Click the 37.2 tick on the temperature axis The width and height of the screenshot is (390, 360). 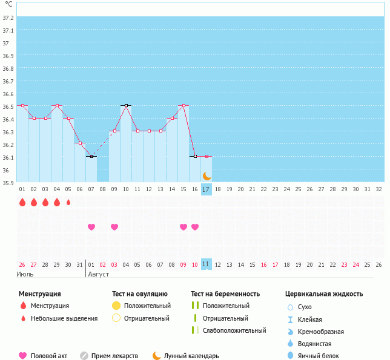click(8, 18)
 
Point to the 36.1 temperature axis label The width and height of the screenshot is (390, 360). click(8, 157)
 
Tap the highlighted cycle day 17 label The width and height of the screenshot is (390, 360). click(206, 189)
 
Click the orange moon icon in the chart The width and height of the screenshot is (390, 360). click(207, 175)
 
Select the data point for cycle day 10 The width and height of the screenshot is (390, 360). click(126, 105)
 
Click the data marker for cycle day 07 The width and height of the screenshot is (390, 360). click(91, 156)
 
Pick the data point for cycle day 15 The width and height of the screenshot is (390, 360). click(183, 105)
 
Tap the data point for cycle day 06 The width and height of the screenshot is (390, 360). click(80, 143)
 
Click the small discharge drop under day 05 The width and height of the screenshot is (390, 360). click(68, 202)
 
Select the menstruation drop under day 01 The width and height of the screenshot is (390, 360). click(22, 202)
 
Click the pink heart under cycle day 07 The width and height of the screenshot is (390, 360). click(91, 227)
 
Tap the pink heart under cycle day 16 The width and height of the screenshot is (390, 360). click(195, 227)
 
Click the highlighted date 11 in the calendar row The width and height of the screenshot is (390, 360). click(206, 264)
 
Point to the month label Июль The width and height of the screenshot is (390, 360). click(24, 274)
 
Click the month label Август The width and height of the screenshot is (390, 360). click(99, 274)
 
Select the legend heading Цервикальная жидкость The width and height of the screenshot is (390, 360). click(324, 294)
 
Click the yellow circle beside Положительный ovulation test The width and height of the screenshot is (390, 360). click(116, 306)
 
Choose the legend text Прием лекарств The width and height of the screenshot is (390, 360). click(114, 356)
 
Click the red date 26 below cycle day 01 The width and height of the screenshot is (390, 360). click(22, 264)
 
